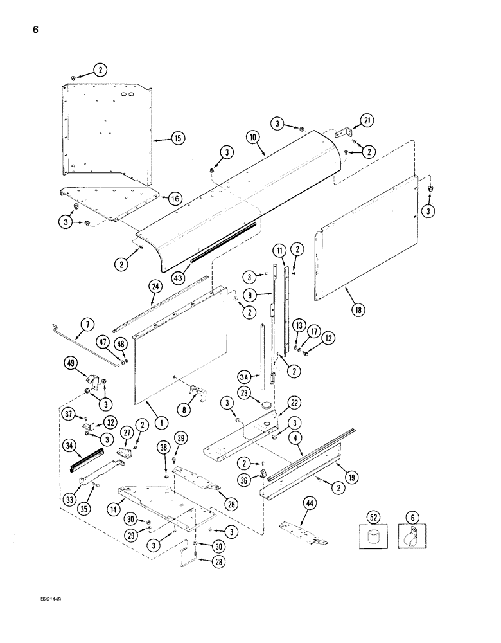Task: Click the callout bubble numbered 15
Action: click(177, 138)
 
